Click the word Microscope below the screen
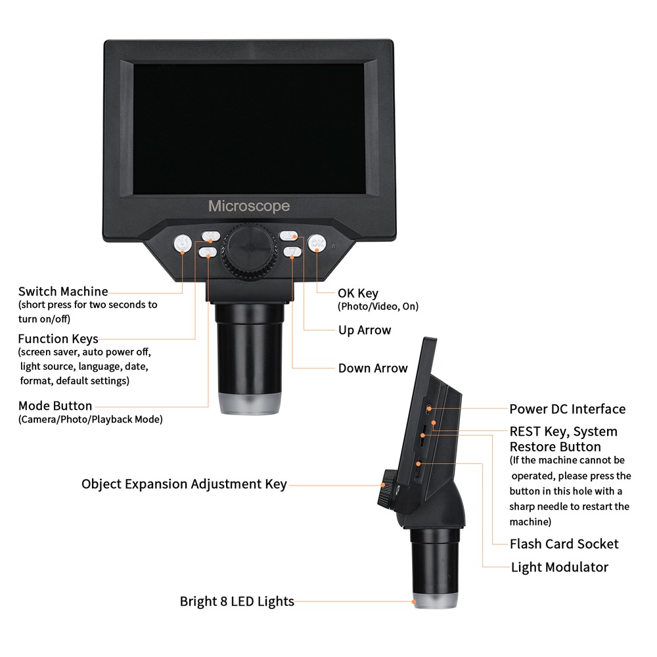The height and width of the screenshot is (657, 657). pyautogui.click(x=249, y=206)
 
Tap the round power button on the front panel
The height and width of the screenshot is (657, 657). pyautogui.click(x=183, y=244)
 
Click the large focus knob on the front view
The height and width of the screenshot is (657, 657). pyautogui.click(x=250, y=251)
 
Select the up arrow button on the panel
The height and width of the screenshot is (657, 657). pyautogui.click(x=289, y=236)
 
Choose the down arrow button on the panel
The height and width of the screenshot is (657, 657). pyautogui.click(x=292, y=252)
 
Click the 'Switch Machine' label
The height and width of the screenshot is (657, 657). pyautogui.click(x=63, y=291)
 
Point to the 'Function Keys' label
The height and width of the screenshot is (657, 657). pyautogui.click(x=58, y=339)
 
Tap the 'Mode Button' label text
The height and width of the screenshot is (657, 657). pyautogui.click(x=55, y=405)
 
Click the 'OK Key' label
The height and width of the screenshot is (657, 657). pyautogui.click(x=358, y=293)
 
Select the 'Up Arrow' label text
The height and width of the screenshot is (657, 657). pyautogui.click(x=365, y=330)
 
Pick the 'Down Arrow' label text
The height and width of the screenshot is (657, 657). pyautogui.click(x=373, y=368)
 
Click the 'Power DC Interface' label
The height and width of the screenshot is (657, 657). pyautogui.click(x=568, y=409)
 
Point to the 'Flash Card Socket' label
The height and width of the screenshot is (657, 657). pyautogui.click(x=564, y=543)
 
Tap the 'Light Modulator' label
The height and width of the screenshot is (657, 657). pyautogui.click(x=560, y=566)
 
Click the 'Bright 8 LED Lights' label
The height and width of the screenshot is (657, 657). pyautogui.click(x=237, y=600)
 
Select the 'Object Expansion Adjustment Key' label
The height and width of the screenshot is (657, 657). pyautogui.click(x=184, y=484)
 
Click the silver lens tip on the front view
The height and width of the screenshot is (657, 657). pyautogui.click(x=250, y=405)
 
